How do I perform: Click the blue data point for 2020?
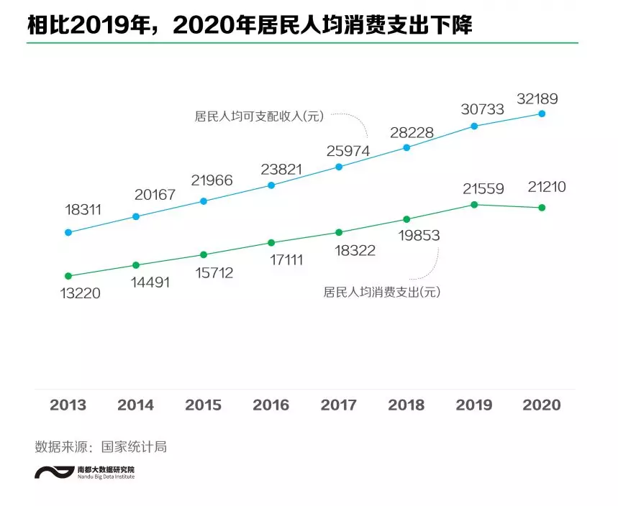tap(542, 114)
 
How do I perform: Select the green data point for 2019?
tap(474, 205)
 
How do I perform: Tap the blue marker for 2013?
tap(68, 232)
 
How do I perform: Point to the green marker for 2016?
tap(271, 243)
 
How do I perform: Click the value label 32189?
tap(537, 98)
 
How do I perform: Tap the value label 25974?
tap(347, 151)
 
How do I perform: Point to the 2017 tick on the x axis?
tap(339, 405)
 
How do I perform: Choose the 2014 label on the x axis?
tap(135, 405)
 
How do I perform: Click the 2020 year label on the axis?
tap(542, 405)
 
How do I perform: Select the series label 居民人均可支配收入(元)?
tap(260, 116)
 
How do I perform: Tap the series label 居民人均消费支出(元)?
tap(381, 292)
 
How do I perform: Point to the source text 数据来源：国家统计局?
tap(101, 446)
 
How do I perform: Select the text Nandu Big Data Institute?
tap(106, 476)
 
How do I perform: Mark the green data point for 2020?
tap(542, 208)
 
